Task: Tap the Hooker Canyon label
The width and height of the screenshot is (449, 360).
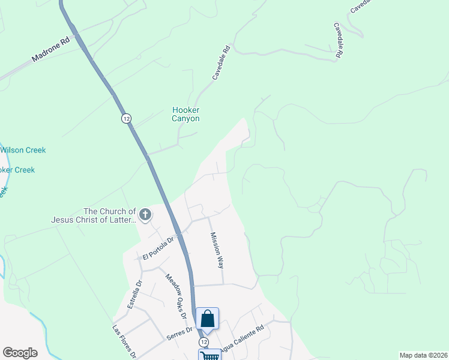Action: coord(185,114)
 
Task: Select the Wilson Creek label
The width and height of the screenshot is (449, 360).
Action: coord(23,150)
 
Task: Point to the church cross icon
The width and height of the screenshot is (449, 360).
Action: coord(145,214)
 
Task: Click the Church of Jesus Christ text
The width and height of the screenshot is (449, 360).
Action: coord(109,215)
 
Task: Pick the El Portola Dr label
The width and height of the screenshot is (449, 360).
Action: coord(157,247)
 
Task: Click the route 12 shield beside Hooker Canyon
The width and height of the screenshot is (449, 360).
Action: coord(125,118)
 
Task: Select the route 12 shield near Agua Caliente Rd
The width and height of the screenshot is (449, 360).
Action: coord(204,341)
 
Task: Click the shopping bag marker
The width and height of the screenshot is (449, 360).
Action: coord(207,319)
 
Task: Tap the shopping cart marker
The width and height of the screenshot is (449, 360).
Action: coord(209,355)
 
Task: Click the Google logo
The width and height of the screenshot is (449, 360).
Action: coord(20,353)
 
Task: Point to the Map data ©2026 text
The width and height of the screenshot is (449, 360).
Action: coord(423,355)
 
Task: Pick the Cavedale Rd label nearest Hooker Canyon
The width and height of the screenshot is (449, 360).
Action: coord(221,64)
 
